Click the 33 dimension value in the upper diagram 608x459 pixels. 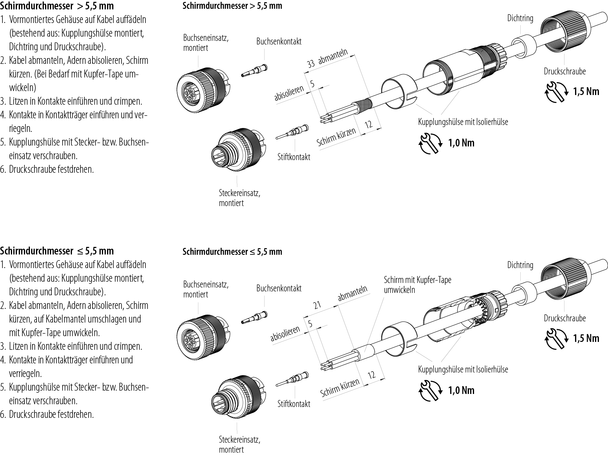[x=311, y=64]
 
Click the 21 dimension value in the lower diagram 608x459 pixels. [x=317, y=305]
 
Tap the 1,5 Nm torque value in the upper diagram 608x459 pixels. [x=586, y=91]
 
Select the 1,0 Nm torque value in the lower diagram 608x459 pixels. [x=461, y=390]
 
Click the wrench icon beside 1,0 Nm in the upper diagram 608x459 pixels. [x=430, y=143]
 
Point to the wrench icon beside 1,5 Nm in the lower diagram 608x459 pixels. [x=555, y=338]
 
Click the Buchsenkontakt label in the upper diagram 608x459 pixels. [x=279, y=41]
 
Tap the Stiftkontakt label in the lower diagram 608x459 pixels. [x=294, y=404]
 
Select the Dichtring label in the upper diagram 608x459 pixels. [x=520, y=18]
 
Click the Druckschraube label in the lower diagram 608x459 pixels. [x=564, y=318]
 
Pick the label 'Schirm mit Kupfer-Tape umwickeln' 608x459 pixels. [x=417, y=285]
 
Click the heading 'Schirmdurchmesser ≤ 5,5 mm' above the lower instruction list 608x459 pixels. [x=57, y=251]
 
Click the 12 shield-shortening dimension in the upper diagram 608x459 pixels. [x=368, y=124]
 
